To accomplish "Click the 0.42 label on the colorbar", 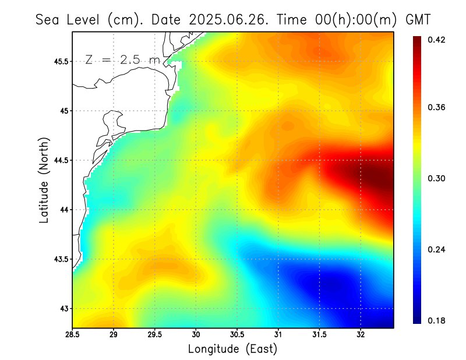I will click(436, 40).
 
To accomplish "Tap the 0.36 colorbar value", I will click(436, 107).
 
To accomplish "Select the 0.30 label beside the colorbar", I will click(436, 178).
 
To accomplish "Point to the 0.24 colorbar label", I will click(436, 249).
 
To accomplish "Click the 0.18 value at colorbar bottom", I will click(436, 320).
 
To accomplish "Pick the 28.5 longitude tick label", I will click(73, 334).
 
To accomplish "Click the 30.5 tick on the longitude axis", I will click(237, 334).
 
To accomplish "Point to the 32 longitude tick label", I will click(361, 334).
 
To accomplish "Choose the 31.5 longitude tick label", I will click(319, 334).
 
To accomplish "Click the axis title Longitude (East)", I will click(232, 348).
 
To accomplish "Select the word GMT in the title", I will click(418, 19).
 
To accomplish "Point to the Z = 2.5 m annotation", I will click(122, 59).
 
